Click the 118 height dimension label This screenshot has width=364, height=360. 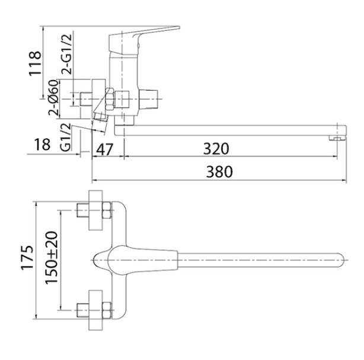click(35, 63)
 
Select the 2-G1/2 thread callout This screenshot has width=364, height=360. click(67, 53)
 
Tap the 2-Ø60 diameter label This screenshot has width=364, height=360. click(53, 97)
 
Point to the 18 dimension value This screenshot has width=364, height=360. click(42, 144)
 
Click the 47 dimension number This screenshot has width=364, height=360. click(104, 149)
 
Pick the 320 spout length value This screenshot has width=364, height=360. click(216, 149)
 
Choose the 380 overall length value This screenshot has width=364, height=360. click(219, 171)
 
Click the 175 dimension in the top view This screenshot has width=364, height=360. click(27, 257)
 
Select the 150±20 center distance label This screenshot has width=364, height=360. click(52, 258)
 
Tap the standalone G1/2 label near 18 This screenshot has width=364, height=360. click(65, 137)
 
